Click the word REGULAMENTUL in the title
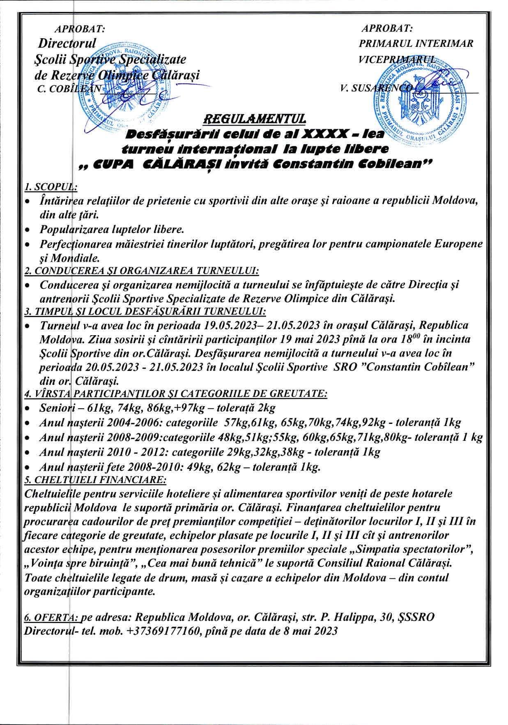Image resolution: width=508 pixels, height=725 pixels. (255, 119)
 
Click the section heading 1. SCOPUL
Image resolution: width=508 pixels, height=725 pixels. (51, 187)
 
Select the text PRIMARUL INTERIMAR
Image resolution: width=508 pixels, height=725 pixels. (416, 43)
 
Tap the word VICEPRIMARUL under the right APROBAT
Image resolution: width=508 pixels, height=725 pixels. (396, 58)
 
